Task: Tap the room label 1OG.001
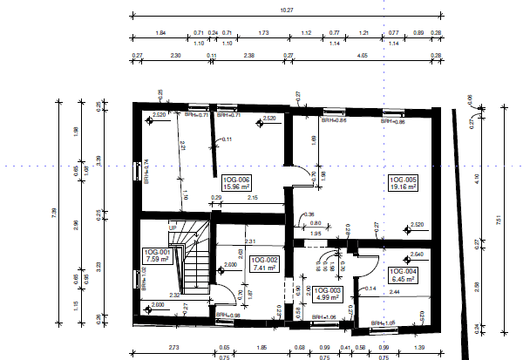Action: [x=156, y=255]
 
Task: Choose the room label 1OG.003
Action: [x=328, y=292]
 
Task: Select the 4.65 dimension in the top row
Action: [x=362, y=55]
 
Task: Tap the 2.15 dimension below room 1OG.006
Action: [x=252, y=198]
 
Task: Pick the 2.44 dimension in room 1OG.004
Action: [x=395, y=293]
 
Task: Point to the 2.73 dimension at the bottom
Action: [x=173, y=349]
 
